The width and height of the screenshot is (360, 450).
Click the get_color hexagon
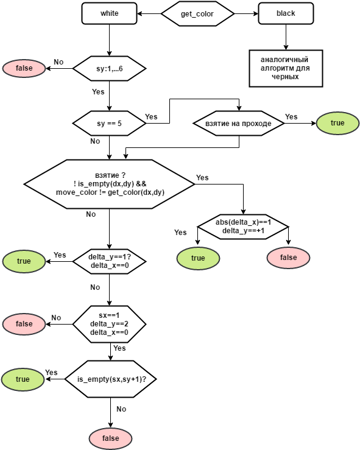click(x=197, y=13)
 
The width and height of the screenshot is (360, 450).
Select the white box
click(x=110, y=13)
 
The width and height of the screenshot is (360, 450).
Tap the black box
click(x=286, y=13)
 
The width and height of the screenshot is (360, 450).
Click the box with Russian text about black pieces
click(x=286, y=68)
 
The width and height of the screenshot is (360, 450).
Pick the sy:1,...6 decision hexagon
click(x=110, y=69)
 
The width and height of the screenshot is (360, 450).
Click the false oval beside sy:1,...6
click(x=24, y=68)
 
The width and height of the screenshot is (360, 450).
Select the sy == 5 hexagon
click(x=110, y=124)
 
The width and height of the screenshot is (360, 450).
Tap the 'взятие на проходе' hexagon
click(x=239, y=124)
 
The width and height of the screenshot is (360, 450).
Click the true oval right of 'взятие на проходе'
click(x=337, y=123)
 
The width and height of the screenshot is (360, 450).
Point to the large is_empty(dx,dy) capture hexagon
click(x=110, y=184)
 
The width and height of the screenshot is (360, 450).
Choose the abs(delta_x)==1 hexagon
click(x=243, y=227)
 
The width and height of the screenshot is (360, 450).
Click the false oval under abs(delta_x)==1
click(x=289, y=258)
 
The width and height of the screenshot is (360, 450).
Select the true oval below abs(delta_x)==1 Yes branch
click(x=198, y=258)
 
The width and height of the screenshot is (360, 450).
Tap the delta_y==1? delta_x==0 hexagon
click(x=110, y=261)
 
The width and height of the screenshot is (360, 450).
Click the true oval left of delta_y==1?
click(x=24, y=261)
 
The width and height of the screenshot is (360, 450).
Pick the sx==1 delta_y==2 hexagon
click(x=110, y=324)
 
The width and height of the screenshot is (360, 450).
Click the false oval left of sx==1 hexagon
click(x=24, y=324)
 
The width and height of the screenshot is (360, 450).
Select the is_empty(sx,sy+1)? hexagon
click(x=111, y=379)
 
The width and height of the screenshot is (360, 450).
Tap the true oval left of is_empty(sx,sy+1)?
click(x=23, y=379)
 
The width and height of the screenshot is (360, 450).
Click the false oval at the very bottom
click(x=110, y=438)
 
